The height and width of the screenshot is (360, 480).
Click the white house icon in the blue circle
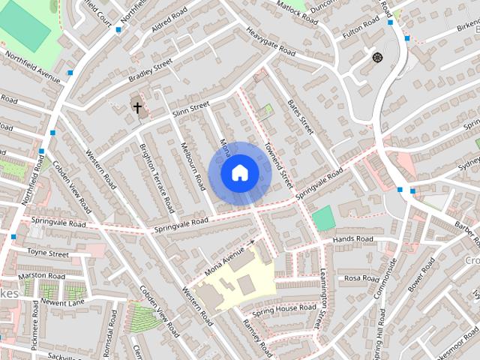239,172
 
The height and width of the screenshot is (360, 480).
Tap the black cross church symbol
137,107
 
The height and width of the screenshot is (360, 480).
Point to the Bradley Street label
150,69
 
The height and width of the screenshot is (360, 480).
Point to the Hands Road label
352,239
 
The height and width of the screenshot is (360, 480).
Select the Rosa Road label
362,277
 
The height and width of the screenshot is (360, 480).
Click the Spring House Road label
283,309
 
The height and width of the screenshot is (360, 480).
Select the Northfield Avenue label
31,65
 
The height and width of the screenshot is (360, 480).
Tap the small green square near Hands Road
322,218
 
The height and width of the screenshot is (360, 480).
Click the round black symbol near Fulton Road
377,57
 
